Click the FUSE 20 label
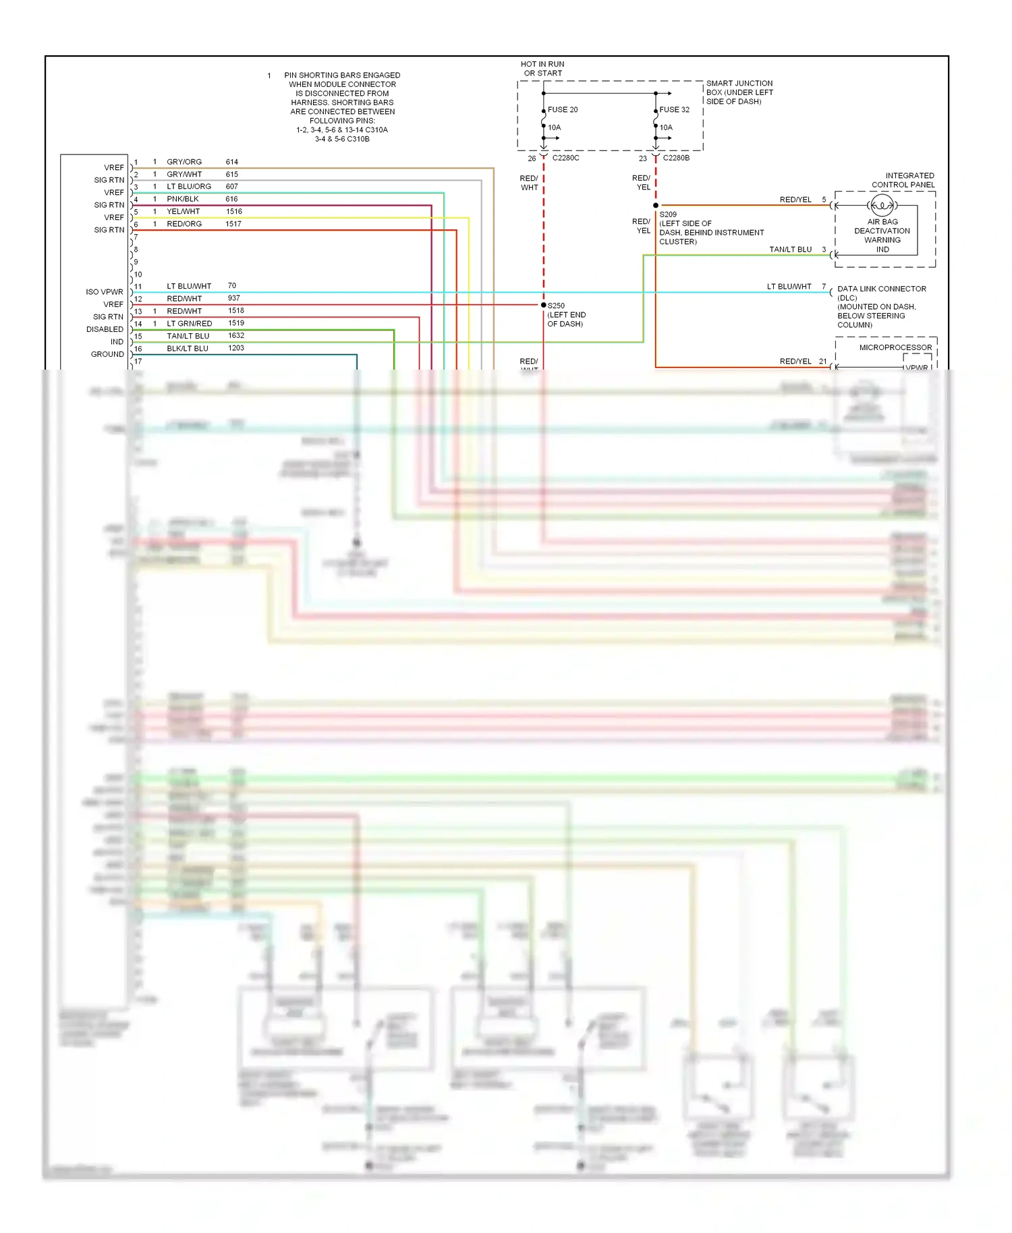[562, 109]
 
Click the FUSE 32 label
[674, 109]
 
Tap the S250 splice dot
[544, 305]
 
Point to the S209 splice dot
[656, 205]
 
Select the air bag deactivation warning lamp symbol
[882, 205]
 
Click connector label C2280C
[565, 158]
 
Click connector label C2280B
[676, 158]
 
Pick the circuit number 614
[231, 162]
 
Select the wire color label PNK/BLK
[183, 199]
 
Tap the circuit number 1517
[233, 224]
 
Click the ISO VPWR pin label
[105, 292]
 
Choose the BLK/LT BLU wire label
[188, 349]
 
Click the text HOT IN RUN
[542, 64]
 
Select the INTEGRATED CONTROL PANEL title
[903, 180]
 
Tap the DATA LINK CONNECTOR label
[882, 289]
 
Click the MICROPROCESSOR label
[895, 347]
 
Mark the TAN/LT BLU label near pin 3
[790, 250]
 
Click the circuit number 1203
[236, 348]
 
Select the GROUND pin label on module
[107, 354]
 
